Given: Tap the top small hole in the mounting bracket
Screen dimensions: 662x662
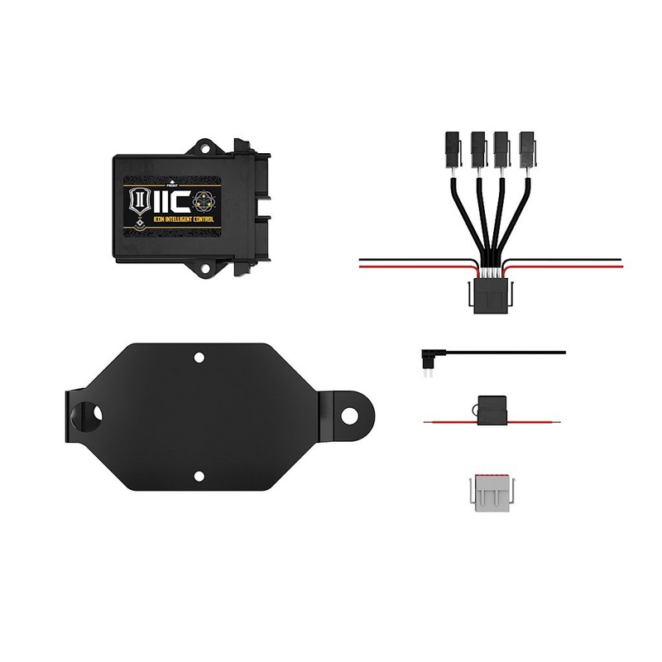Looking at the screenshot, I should tap(199, 357).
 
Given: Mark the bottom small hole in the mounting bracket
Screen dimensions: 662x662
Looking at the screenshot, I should tap(199, 475).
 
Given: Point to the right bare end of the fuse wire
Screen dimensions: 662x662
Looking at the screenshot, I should tap(562, 422).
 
